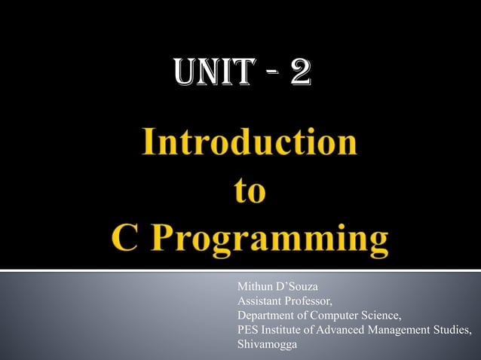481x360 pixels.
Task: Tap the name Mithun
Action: pyautogui.click(x=256, y=287)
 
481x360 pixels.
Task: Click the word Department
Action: pyautogui.click(x=266, y=316)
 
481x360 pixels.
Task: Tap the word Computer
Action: pyautogui.click(x=344, y=316)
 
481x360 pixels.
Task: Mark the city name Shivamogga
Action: pyautogui.click(x=267, y=344)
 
